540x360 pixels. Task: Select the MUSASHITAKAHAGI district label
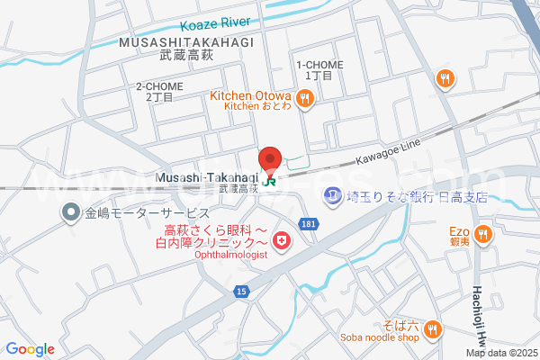pyautogui.click(x=184, y=42)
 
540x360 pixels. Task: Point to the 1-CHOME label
pyautogui.click(x=319, y=65)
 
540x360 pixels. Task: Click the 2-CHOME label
pyautogui.click(x=159, y=86)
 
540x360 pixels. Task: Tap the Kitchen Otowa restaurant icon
pyautogui.click(x=305, y=100)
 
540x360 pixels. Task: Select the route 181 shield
pyautogui.click(x=309, y=222)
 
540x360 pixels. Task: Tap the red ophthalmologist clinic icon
pyautogui.click(x=283, y=240)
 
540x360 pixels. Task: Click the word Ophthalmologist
pyautogui.click(x=231, y=255)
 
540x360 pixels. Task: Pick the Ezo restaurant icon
pyautogui.click(x=484, y=234)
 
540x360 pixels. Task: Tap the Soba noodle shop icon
pyautogui.click(x=433, y=329)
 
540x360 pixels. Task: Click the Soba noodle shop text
pyautogui.click(x=379, y=338)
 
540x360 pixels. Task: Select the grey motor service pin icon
pyautogui.click(x=70, y=213)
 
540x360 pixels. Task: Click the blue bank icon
pyautogui.click(x=334, y=195)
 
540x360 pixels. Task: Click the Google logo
pyautogui.click(x=30, y=349)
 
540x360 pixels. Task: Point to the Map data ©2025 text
pyautogui.click(x=500, y=353)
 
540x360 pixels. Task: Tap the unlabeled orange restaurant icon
pyautogui.click(x=444, y=80)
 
